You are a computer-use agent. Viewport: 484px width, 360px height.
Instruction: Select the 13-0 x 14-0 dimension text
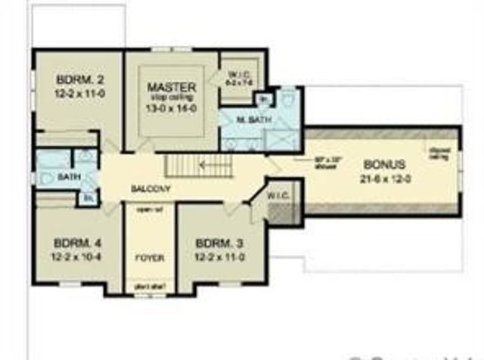click(x=172, y=108)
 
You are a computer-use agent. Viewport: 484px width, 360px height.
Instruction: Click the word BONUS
click(x=384, y=163)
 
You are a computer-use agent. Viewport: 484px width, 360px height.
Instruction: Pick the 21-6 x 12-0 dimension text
click(x=384, y=179)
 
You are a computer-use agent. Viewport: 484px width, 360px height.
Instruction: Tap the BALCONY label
click(x=150, y=188)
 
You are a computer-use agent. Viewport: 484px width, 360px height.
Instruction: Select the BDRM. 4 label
click(x=72, y=244)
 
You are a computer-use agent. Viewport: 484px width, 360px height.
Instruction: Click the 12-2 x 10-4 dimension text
click(x=72, y=258)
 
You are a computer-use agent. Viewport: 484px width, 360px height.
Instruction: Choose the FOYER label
click(x=150, y=258)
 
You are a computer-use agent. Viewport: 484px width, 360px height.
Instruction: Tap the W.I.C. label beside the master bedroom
click(x=240, y=74)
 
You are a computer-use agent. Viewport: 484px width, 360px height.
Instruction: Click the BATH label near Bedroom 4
click(x=70, y=177)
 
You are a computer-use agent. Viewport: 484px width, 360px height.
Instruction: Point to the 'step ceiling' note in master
click(x=172, y=97)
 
